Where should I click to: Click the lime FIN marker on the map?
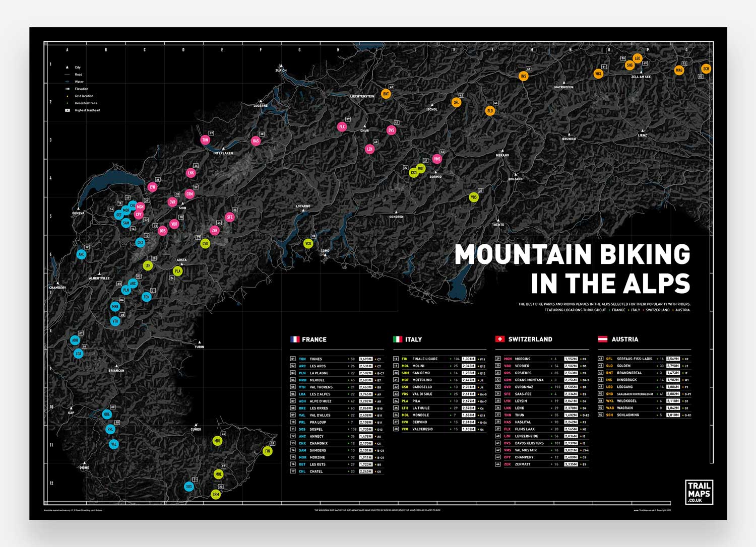(x=268, y=451)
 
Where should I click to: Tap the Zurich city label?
(x=281, y=71)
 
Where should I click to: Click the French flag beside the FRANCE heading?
(x=295, y=339)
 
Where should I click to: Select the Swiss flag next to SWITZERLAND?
(x=500, y=339)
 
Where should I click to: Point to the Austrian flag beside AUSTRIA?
(x=602, y=339)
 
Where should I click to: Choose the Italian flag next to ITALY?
(x=398, y=339)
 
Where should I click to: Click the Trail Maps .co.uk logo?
(x=699, y=493)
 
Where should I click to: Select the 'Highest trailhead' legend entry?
(x=87, y=110)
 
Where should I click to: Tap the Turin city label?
(x=200, y=347)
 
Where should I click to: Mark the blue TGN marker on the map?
(x=147, y=297)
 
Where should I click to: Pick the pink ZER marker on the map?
(x=215, y=231)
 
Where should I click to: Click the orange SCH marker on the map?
(x=706, y=69)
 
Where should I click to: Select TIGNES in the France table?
(x=316, y=359)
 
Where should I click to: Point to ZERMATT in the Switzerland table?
(x=523, y=464)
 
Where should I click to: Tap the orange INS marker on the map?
(x=524, y=77)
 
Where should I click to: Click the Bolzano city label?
(x=515, y=179)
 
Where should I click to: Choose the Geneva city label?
(x=78, y=213)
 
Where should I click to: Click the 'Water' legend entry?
(x=79, y=82)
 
